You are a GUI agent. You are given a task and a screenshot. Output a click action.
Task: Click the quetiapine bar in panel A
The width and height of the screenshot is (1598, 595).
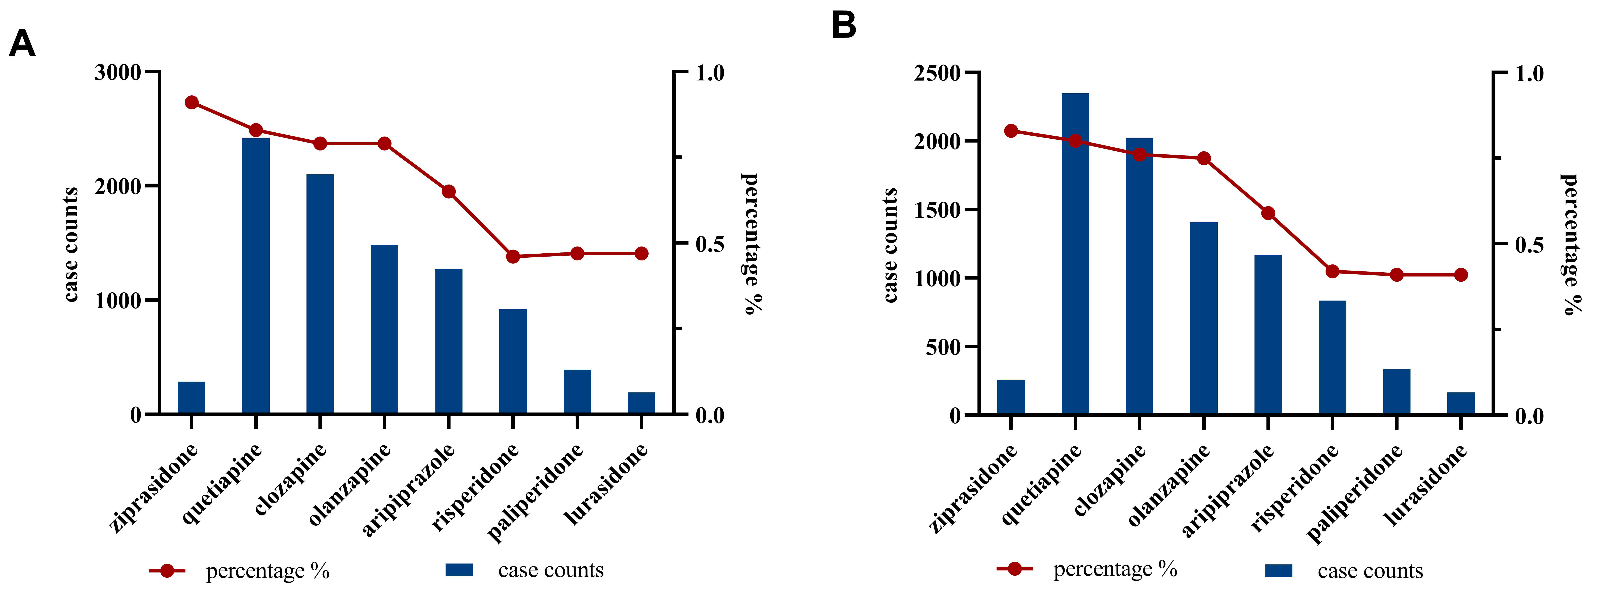[256, 276]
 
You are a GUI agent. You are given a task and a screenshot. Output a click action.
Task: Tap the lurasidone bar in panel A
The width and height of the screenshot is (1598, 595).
[642, 403]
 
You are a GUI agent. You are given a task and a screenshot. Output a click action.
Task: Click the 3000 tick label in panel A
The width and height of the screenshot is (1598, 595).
[118, 73]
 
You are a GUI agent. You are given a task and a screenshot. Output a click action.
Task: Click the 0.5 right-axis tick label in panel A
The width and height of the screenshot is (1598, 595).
[710, 244]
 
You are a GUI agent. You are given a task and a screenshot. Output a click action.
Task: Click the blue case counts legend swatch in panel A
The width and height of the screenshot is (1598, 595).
[459, 570]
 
